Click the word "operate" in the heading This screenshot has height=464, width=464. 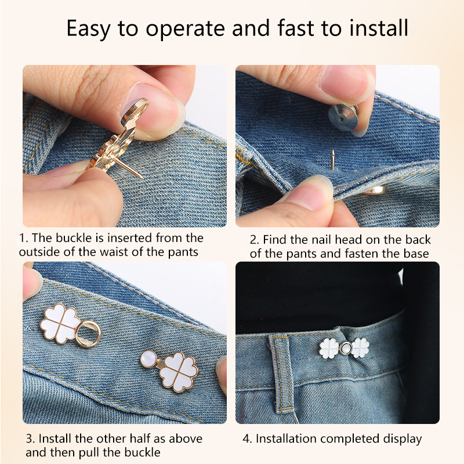click(186, 29)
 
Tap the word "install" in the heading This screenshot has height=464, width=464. click(379, 27)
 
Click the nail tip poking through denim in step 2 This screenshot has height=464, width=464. click(333, 159)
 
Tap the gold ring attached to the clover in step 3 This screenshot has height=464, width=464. click(89, 334)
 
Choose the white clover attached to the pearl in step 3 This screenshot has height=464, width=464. click(179, 372)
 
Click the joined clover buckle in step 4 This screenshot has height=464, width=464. click(345, 348)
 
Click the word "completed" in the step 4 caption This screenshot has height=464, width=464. click(350, 439)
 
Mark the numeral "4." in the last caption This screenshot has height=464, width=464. click(248, 438)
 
